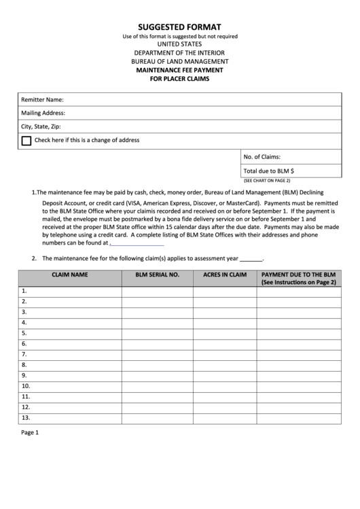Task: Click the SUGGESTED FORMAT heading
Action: tap(179, 27)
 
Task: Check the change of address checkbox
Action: tap(26, 141)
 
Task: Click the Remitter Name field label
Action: tap(42, 100)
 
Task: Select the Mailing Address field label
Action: tap(43, 113)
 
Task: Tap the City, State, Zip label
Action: tap(41, 126)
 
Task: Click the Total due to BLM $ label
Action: tap(268, 171)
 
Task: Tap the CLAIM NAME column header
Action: tap(70, 275)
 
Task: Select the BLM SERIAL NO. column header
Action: tap(157, 275)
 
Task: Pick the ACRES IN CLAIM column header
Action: tap(225, 275)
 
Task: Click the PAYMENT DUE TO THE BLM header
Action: tap(299, 275)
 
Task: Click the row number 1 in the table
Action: tap(24, 291)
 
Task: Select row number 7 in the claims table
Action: tap(24, 354)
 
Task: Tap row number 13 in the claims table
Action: tap(26, 417)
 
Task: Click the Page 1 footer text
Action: tap(30, 432)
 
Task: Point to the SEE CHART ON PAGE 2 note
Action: tap(266, 181)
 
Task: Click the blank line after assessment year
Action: tap(251, 260)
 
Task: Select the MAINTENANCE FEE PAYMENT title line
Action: tap(179, 70)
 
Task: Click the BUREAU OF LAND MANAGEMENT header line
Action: tap(179, 61)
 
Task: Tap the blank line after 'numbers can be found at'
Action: tap(137, 243)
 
